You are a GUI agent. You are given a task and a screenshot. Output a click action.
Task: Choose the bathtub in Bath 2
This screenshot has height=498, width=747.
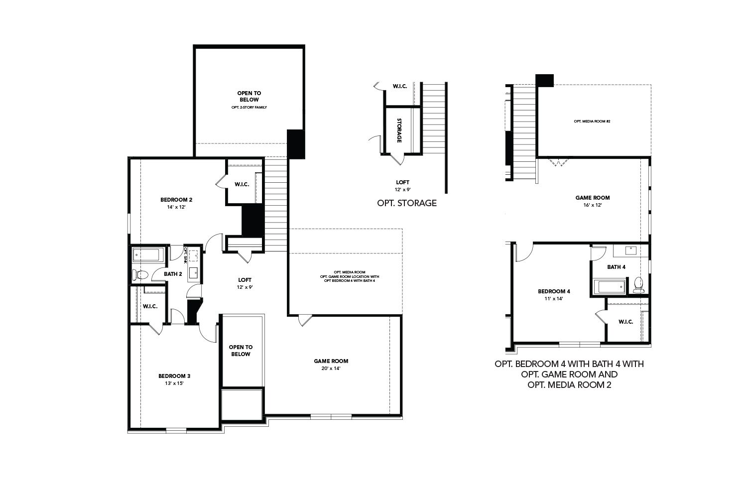[146, 255]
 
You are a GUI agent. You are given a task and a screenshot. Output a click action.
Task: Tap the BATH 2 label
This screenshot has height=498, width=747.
[173, 274]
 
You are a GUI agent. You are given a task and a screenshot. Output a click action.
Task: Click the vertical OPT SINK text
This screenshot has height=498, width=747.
[185, 254]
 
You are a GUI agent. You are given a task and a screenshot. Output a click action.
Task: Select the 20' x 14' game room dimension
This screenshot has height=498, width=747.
[331, 369]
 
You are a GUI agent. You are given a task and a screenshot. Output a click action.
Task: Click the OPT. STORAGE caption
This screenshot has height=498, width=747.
[407, 203]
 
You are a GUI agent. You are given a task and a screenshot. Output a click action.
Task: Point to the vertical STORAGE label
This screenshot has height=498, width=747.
[399, 130]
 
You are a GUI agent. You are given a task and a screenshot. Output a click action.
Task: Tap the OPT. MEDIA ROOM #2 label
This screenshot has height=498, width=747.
[592, 121]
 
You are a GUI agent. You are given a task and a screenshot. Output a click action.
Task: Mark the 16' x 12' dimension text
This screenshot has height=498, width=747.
[592, 205]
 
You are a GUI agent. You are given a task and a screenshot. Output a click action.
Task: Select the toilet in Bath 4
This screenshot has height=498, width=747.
[638, 285]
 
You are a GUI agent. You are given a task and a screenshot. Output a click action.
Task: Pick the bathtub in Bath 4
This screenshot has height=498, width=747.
[611, 287]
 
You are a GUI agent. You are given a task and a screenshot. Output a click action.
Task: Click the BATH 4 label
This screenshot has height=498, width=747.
[616, 267]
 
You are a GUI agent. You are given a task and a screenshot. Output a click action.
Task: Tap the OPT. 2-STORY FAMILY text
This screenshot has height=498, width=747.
[249, 107]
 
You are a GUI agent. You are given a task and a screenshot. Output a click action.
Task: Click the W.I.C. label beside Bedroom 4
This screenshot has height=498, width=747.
[625, 322]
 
